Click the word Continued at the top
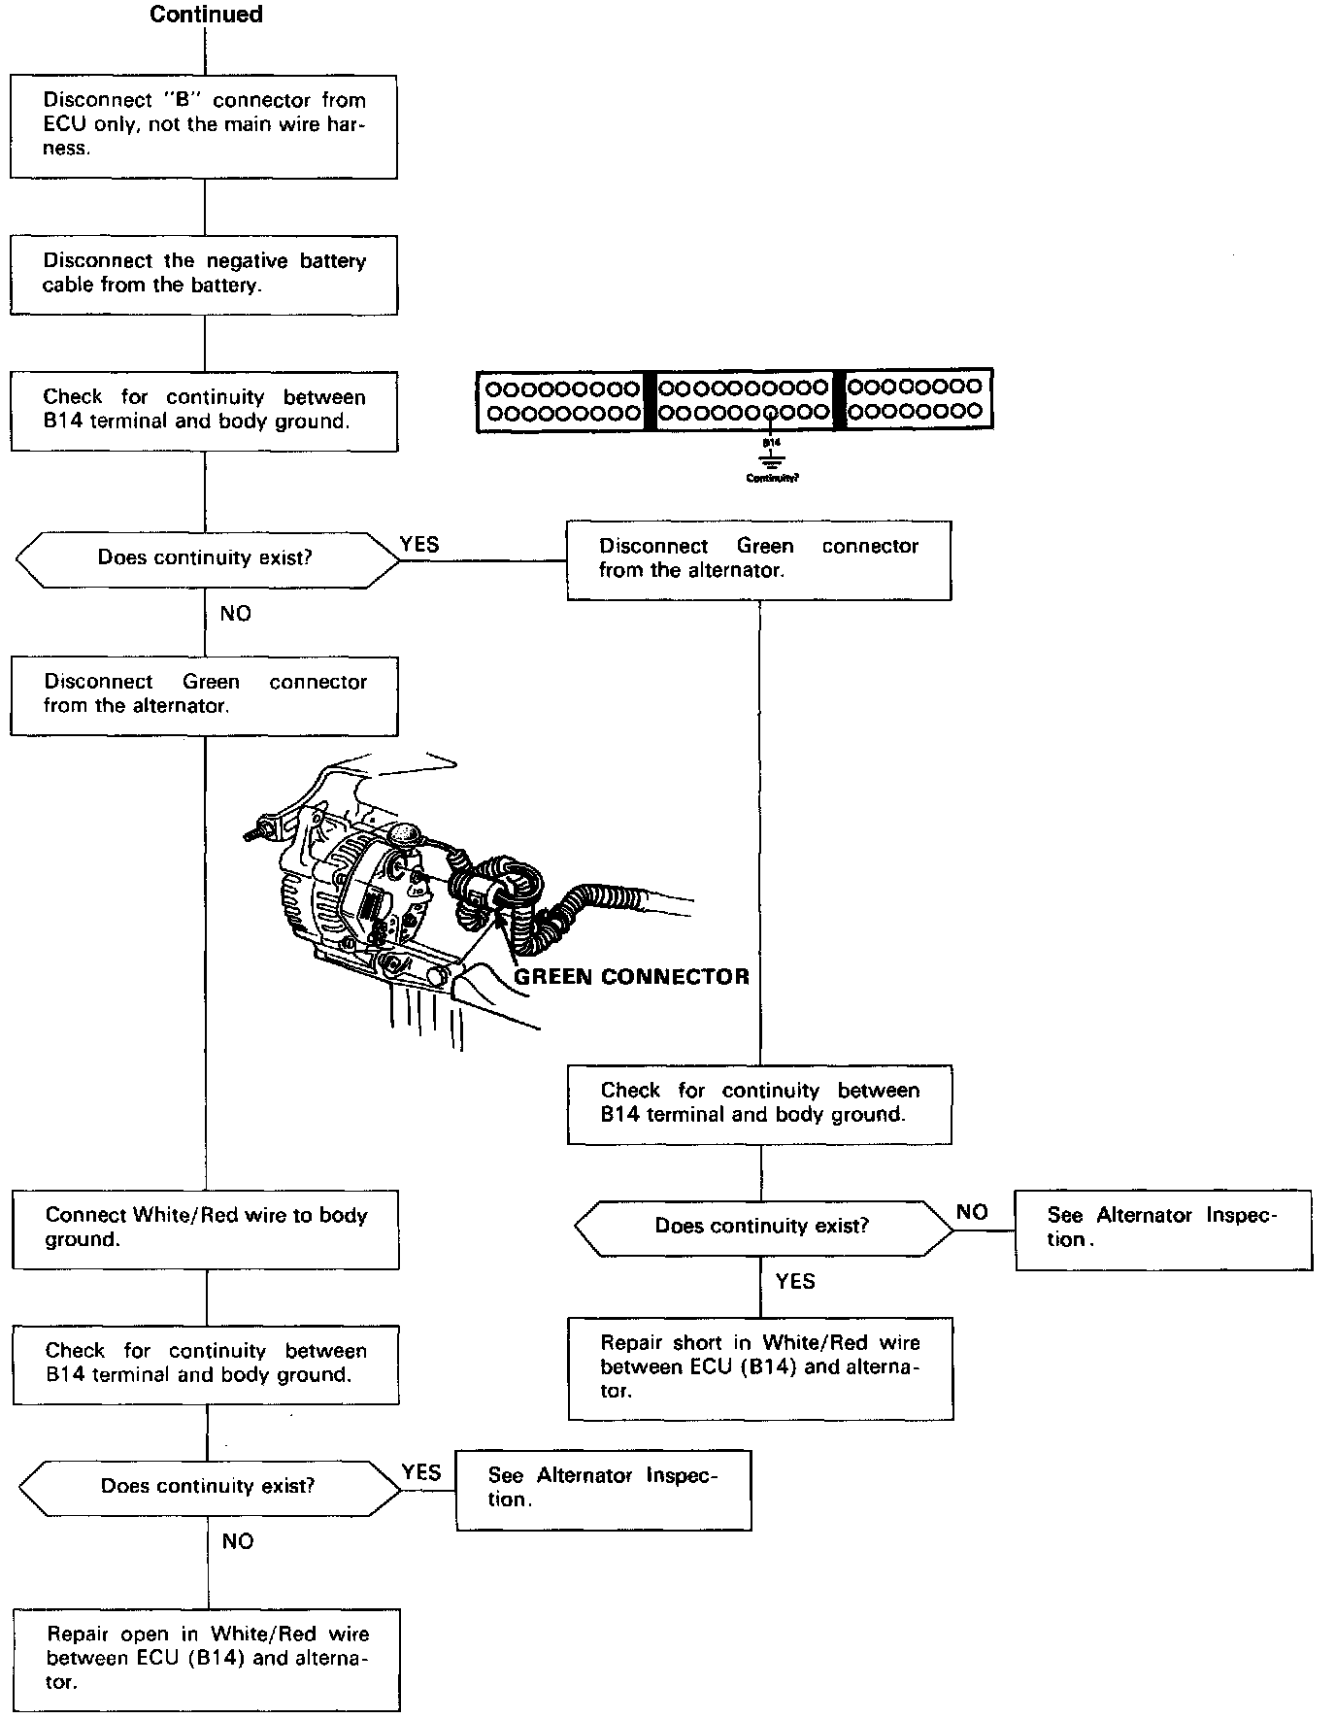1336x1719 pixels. point(206,15)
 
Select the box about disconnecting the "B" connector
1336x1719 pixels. point(204,126)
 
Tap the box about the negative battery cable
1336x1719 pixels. point(204,274)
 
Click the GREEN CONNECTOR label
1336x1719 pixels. point(631,977)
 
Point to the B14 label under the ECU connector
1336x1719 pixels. point(771,442)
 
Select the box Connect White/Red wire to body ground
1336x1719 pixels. point(206,1229)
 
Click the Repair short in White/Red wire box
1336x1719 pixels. point(760,1367)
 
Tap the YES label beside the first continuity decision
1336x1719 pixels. point(419,545)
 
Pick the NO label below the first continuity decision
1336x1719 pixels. point(236,614)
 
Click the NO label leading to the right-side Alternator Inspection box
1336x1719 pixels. point(972,1212)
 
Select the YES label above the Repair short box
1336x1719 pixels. point(795,1282)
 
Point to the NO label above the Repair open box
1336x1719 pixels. point(238,1542)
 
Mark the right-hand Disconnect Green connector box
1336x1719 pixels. point(758,559)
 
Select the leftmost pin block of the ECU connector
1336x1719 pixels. point(562,400)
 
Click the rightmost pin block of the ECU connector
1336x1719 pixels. point(916,398)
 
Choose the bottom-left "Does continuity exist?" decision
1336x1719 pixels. point(208,1487)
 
